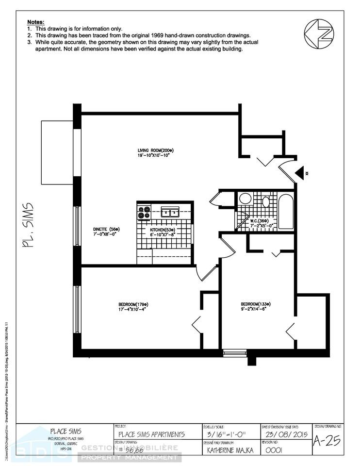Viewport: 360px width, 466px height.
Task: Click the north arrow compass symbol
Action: click(319, 33)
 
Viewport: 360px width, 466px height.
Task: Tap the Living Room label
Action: click(155, 153)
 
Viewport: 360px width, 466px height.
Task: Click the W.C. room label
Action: click(262, 224)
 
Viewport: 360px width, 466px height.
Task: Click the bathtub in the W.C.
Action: click(286, 212)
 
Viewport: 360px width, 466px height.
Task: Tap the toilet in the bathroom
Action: click(265, 201)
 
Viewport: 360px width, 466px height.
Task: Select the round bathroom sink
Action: click(245, 199)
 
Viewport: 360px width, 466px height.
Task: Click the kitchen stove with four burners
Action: click(144, 212)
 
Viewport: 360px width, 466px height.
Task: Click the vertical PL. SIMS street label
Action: click(28, 225)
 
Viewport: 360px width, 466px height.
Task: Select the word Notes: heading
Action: click(35, 22)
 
